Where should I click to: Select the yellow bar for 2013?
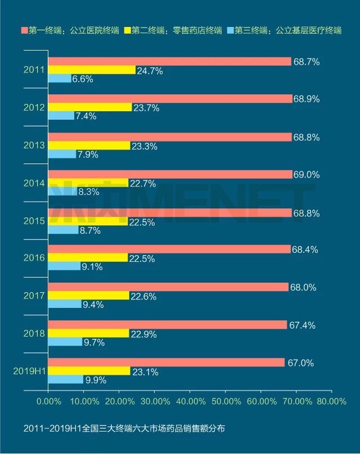coord(89,146)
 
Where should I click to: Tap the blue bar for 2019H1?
coord(66,380)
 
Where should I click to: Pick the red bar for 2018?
coord(167,325)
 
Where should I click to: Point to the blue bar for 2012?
coord(61,116)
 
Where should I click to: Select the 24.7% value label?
coord(149,71)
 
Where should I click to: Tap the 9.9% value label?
coord(96,380)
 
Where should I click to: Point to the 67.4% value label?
coord(302,325)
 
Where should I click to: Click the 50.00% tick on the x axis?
coord(225,401)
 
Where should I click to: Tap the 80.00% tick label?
coord(332,401)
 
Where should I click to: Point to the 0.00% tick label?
coord(48,401)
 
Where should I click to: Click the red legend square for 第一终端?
coord(24,30)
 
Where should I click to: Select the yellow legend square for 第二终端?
coord(127,30)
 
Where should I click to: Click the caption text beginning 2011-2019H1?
coord(116,429)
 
